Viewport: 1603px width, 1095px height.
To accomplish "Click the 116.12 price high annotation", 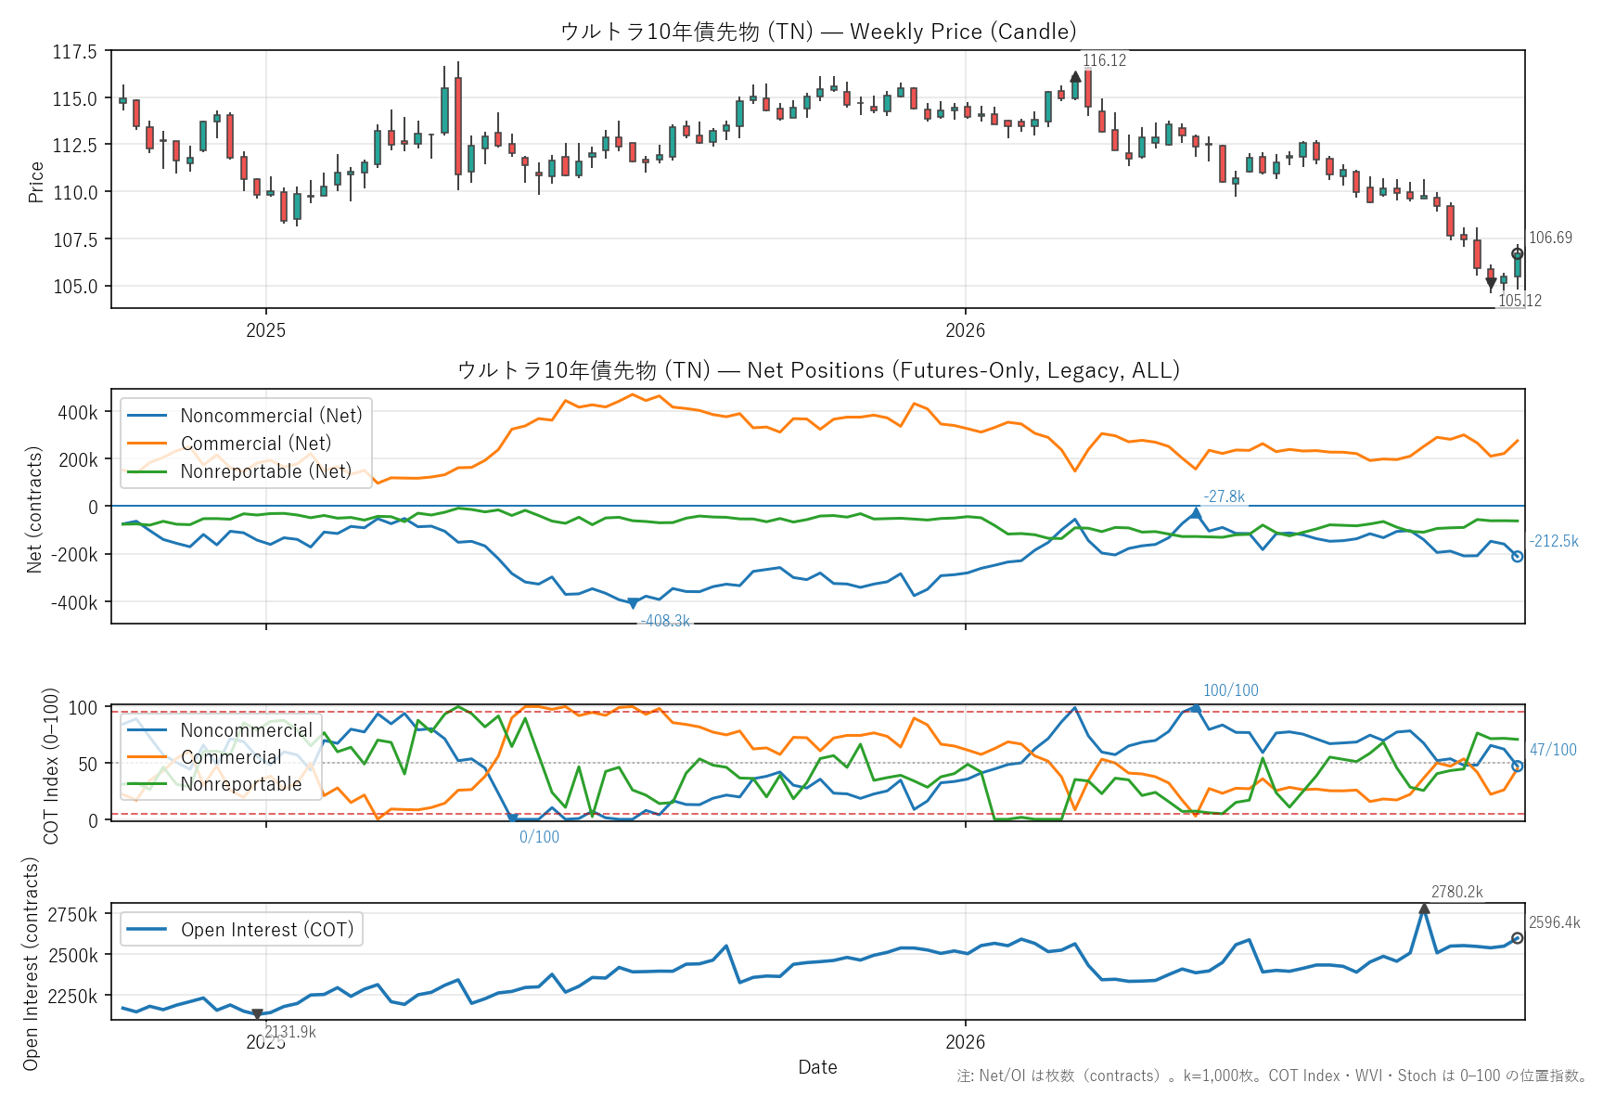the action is tap(1104, 60).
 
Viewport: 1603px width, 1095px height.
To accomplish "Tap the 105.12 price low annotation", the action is tap(1520, 301).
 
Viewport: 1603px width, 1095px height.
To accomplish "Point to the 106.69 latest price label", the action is tap(1550, 238).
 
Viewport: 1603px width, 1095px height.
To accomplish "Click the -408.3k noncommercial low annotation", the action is tap(665, 621).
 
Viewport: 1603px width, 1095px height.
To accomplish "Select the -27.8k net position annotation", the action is tap(1224, 496).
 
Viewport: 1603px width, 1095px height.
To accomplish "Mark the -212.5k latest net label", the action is tap(1553, 541).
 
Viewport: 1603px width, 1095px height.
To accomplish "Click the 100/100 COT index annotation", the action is tap(1230, 690).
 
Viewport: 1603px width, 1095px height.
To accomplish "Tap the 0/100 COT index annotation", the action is tap(539, 837).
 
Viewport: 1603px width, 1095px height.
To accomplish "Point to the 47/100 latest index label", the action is tap(1553, 750).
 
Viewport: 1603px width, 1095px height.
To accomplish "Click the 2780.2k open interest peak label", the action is tap(1456, 892).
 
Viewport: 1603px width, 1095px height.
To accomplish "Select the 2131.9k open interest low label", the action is tap(290, 1032).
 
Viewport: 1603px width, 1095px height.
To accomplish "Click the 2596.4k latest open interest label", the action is tap(1554, 922).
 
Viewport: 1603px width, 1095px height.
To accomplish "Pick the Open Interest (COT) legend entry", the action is tap(239, 930).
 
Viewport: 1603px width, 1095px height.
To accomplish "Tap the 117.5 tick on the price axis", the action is tap(74, 52).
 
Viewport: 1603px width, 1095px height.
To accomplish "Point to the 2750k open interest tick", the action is tap(72, 915).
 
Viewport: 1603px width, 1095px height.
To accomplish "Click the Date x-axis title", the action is tap(817, 1067).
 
